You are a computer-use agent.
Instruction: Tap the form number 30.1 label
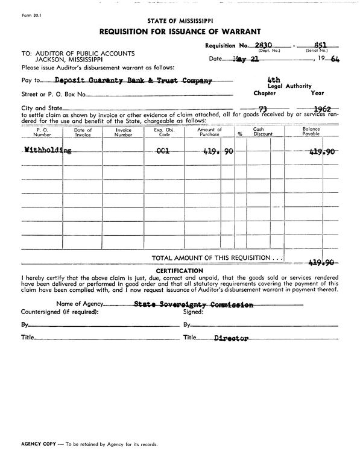tap(21, 8)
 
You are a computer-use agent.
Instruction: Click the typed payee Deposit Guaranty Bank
tap(133, 80)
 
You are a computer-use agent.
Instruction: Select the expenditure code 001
tap(162, 151)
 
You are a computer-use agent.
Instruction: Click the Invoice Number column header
tap(123, 132)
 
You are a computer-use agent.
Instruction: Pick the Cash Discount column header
tap(258, 132)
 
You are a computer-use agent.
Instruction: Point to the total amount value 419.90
tap(321, 263)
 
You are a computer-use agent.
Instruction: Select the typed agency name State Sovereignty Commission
tap(194, 304)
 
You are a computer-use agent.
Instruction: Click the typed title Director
tap(231, 339)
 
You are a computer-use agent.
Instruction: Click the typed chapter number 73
tap(262, 109)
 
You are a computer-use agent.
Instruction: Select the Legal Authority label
tap(289, 86)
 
